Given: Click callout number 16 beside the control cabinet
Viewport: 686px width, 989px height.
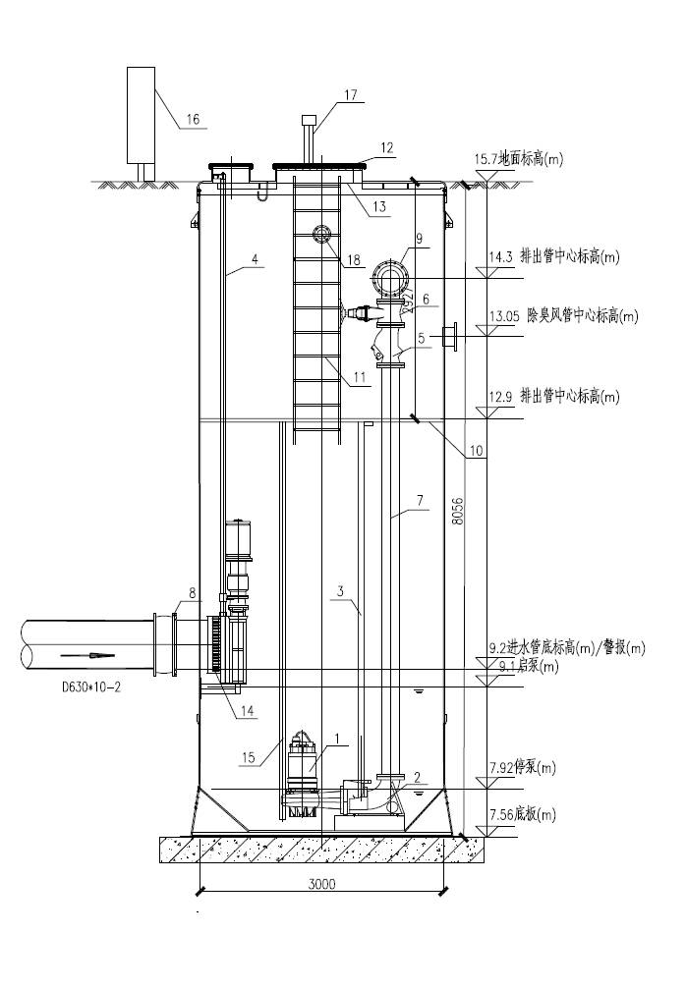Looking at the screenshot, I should click(193, 119).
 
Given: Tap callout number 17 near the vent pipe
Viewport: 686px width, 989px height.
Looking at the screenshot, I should click(351, 95).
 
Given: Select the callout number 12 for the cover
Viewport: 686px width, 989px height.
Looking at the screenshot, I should click(386, 148).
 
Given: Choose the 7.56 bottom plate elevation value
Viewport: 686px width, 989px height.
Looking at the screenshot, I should click(500, 814).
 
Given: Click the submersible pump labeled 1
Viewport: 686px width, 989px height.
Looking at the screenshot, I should click(302, 776).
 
